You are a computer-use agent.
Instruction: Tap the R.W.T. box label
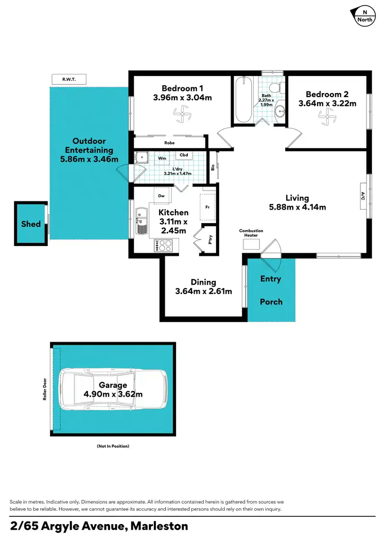click(68, 79)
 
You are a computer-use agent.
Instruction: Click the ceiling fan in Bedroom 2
click(327, 119)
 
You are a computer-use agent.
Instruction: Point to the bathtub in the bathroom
click(243, 100)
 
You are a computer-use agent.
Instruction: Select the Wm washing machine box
click(162, 158)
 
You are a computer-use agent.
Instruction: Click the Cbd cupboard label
click(183, 155)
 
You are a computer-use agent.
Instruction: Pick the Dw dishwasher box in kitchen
click(162, 196)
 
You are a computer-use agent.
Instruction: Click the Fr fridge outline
click(207, 208)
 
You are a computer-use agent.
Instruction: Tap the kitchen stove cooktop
click(164, 247)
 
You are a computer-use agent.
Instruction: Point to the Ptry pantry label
click(210, 239)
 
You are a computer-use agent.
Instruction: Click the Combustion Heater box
click(252, 244)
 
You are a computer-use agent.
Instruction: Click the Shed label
click(31, 224)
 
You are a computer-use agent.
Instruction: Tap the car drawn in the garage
click(113, 389)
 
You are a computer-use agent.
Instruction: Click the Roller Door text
click(45, 391)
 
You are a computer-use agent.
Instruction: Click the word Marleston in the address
click(159, 526)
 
